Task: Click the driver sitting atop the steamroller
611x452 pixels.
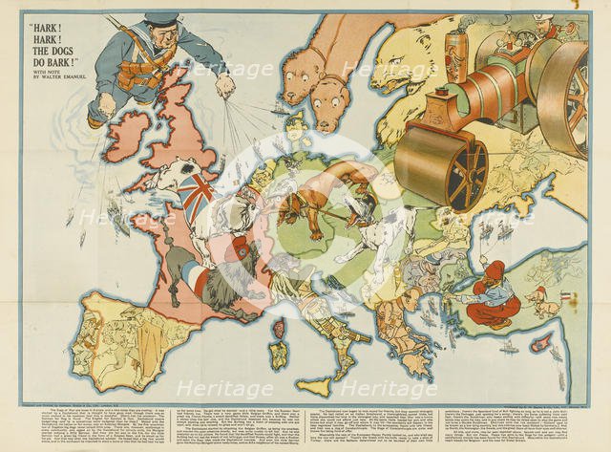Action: pos(549,24)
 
